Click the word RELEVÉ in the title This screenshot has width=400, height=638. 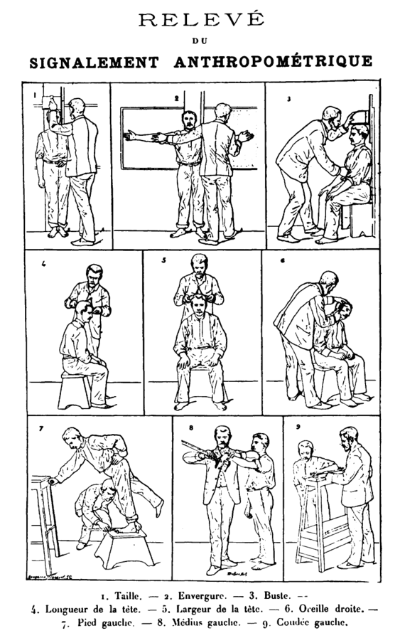tap(202, 19)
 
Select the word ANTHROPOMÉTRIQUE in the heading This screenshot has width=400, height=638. tap(273, 62)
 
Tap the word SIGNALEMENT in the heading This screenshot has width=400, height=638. tap(94, 63)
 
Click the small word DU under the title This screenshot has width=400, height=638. tap(200, 41)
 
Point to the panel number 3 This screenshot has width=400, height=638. tap(288, 99)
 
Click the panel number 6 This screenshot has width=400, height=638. tap(282, 260)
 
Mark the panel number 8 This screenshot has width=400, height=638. tap(191, 427)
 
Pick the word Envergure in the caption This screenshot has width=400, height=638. tap(202, 597)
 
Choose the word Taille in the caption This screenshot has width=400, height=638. tap(129, 596)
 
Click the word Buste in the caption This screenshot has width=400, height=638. tap(277, 596)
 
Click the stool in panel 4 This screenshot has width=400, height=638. tap(75, 391)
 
